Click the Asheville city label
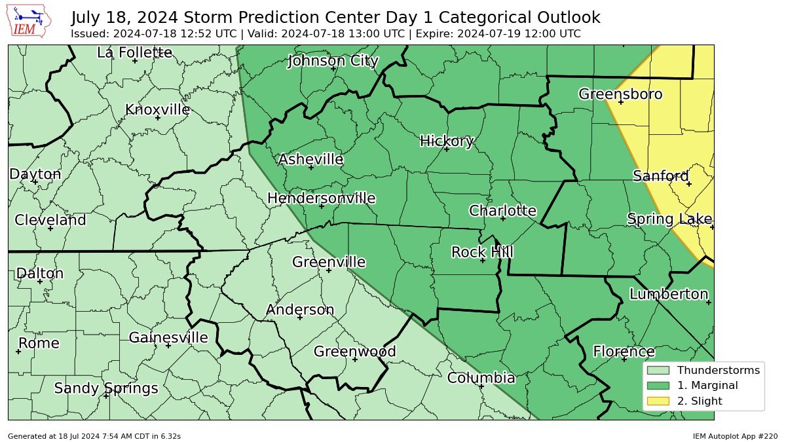coord(310,160)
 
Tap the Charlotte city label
coord(502,211)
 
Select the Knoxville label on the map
coord(157,110)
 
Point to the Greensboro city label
coord(620,94)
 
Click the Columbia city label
coord(481,378)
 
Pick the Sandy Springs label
coord(105,388)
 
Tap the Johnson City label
coord(333,62)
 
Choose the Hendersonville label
coord(321,198)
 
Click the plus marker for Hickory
coord(447,149)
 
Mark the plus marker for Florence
coord(625,359)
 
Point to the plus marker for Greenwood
coord(355,359)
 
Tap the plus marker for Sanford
coord(689,184)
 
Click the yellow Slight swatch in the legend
coord(660,401)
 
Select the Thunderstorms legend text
coord(719,370)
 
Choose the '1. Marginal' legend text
coord(707,386)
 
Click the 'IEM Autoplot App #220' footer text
coord(735,436)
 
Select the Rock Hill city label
coord(482,252)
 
